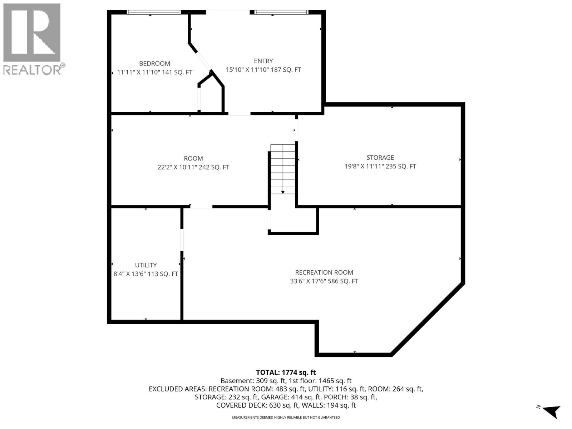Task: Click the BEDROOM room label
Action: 154,64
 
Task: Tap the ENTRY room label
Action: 263,61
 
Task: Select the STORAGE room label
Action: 380,158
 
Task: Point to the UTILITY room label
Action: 146,265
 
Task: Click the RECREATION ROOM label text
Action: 324,272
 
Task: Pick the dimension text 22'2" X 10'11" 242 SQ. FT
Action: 193,167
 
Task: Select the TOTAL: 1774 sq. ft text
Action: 286,373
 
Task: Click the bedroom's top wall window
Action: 154,12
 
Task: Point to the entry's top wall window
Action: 281,12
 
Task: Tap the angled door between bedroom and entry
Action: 204,61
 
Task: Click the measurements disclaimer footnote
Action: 286,418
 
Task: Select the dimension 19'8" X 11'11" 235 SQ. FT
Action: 380,167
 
